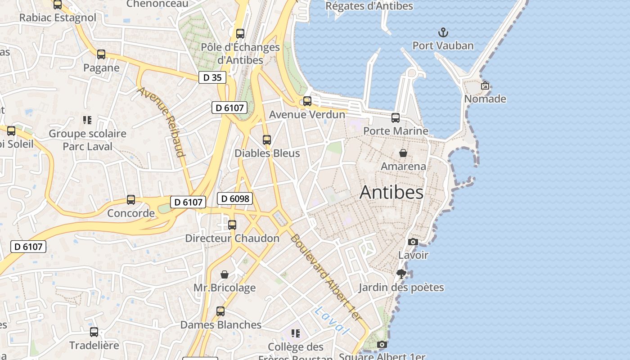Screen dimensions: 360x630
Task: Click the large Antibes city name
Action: [391, 193]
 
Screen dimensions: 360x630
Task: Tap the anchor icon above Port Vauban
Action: [443, 32]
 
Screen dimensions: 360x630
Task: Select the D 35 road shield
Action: [212, 77]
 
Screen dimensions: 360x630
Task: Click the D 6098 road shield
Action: [234, 198]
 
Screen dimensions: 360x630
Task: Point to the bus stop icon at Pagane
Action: [101, 54]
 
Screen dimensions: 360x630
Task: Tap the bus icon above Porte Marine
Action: [396, 118]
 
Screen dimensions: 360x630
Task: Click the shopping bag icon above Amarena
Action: [403, 153]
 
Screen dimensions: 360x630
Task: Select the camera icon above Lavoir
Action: [413, 242]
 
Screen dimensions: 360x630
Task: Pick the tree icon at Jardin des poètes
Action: [401, 274]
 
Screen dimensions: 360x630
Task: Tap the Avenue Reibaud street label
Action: [162, 121]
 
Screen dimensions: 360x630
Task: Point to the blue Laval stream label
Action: [332, 320]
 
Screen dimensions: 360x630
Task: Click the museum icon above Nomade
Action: [485, 85]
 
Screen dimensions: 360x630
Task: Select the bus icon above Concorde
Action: [131, 199]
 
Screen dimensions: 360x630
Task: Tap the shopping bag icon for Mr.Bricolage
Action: [225, 274]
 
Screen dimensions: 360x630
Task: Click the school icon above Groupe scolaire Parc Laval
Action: [87, 120]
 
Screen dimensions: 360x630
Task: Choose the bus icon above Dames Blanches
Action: [220, 311]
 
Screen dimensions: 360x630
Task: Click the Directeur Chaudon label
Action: [232, 238]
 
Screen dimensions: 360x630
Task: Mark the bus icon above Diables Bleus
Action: [267, 140]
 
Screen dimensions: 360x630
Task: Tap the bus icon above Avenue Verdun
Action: [307, 101]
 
